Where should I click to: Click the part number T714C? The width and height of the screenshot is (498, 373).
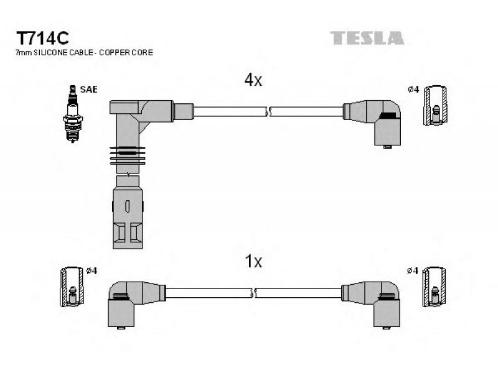point(42,38)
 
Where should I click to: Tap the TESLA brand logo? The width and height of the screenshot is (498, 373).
point(367,38)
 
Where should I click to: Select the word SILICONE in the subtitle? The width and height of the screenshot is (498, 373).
point(51,53)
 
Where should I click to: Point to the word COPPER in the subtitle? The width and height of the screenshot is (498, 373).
point(113,53)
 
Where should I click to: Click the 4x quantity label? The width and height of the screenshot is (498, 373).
point(253,80)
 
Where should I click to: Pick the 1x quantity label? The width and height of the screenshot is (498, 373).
point(253,261)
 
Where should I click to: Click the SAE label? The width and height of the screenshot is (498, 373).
point(88,90)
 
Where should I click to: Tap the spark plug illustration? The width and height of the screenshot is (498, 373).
point(73,114)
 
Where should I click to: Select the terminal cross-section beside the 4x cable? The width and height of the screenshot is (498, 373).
point(435,105)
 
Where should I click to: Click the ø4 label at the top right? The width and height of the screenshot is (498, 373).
point(413,90)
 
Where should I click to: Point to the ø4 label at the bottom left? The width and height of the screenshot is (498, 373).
point(92,271)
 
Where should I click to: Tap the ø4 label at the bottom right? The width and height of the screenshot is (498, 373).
point(413,271)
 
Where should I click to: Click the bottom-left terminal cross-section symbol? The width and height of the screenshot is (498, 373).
point(72,287)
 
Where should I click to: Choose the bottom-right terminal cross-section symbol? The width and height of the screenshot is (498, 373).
point(434,287)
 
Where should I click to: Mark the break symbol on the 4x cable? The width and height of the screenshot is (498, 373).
point(268,112)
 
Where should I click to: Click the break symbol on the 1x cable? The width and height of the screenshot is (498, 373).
point(253,293)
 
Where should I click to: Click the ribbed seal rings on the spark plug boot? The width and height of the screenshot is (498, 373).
point(128,156)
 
